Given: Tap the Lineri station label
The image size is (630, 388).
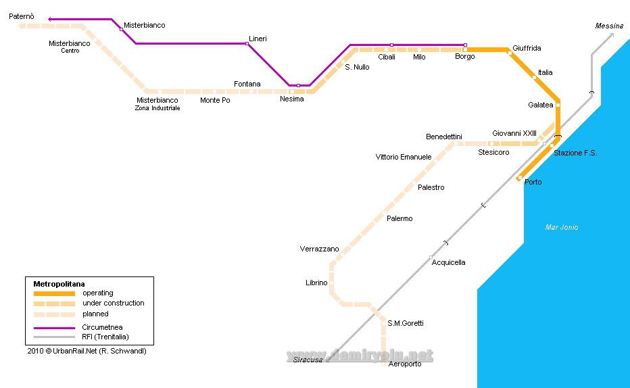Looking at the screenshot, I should pos(258,39).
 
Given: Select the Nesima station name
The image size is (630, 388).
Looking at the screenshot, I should pos(291,99).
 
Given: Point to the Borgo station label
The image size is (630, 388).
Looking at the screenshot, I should pos(464,57).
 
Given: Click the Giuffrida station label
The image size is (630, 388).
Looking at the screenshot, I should pos(527,49).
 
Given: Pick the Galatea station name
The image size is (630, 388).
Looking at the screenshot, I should pos(540,105).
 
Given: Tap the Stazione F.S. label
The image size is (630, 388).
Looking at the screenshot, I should pos(575,153).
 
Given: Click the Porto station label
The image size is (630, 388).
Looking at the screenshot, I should pos(533,183).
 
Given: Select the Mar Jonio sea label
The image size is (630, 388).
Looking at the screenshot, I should pos(562,228).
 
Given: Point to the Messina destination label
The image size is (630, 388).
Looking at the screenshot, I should pos(609,26).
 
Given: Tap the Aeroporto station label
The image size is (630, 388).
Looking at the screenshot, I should pos(405,364).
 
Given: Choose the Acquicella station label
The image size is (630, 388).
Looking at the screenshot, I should pos(448,262).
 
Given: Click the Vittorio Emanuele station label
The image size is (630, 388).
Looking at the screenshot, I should pos(404,157).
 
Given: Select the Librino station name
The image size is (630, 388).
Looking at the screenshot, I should pos(316,283).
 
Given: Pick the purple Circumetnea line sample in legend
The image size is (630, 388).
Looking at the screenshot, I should pos(54,328).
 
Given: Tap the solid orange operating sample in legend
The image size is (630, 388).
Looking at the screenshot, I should pos(54,293).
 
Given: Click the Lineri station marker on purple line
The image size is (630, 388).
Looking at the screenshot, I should pos(247,44).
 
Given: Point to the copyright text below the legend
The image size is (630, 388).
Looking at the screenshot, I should pos(87,351).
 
